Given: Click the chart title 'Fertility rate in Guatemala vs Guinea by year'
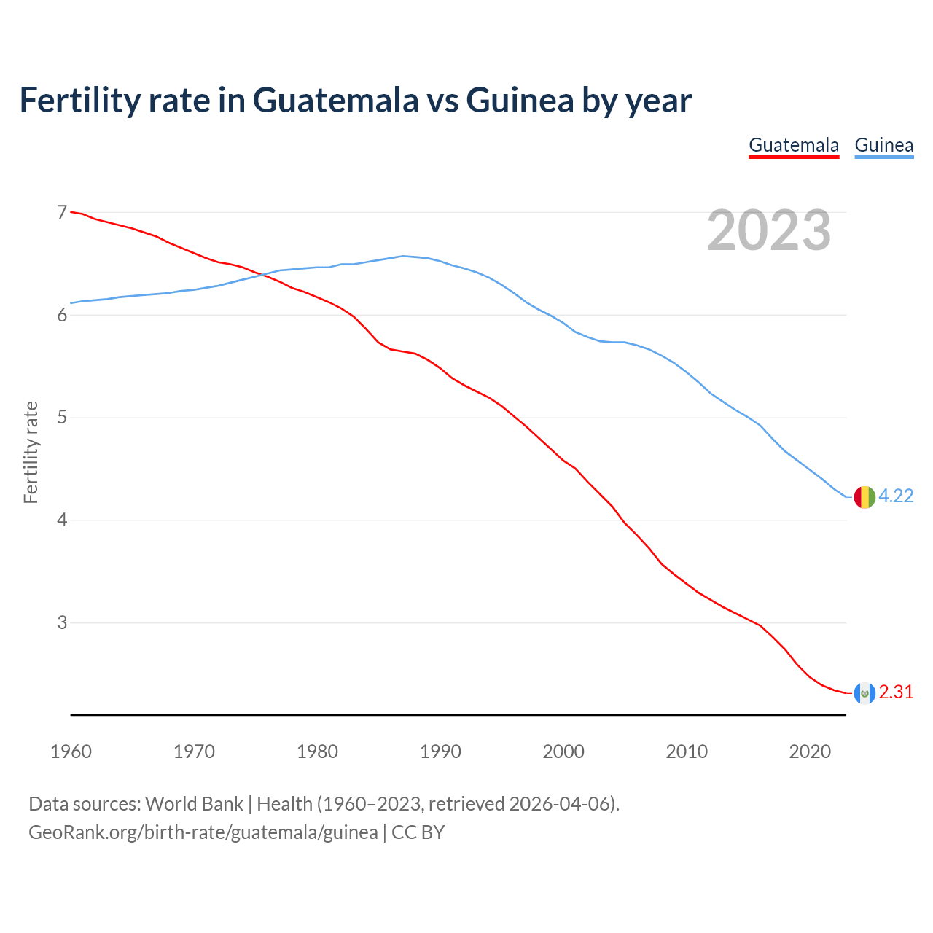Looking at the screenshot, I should pyautogui.click(x=355, y=100).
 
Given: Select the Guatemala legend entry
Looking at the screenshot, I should pyautogui.click(x=794, y=145).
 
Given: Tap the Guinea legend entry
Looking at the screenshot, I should pyautogui.click(x=883, y=145).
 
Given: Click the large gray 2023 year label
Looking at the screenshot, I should pyautogui.click(x=768, y=230).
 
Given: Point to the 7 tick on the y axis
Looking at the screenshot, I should pyautogui.click(x=61, y=212).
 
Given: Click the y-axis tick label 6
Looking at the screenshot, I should pyautogui.click(x=61, y=315).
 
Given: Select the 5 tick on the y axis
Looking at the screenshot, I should pyautogui.click(x=61, y=418).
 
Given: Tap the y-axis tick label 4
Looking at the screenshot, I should pyautogui.click(x=61, y=520).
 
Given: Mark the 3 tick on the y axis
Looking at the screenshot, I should pyautogui.click(x=61, y=623).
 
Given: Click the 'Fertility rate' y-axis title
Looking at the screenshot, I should pyautogui.click(x=31, y=452).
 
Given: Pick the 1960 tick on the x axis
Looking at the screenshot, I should pyautogui.click(x=71, y=752).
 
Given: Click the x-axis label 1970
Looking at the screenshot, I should pyautogui.click(x=194, y=752).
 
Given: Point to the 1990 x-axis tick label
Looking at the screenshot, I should pyautogui.click(x=440, y=752).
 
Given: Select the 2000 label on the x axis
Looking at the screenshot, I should pyautogui.click(x=563, y=752).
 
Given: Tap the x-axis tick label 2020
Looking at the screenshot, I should pyautogui.click(x=810, y=752).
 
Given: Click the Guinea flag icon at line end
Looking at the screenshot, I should pyautogui.click(x=864, y=497).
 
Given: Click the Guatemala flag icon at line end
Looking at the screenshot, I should pyautogui.click(x=864, y=693).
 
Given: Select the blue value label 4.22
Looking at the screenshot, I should pyautogui.click(x=896, y=496).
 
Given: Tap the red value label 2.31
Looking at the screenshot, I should pyautogui.click(x=896, y=692).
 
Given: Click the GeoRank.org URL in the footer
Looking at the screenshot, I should pyautogui.click(x=203, y=832).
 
